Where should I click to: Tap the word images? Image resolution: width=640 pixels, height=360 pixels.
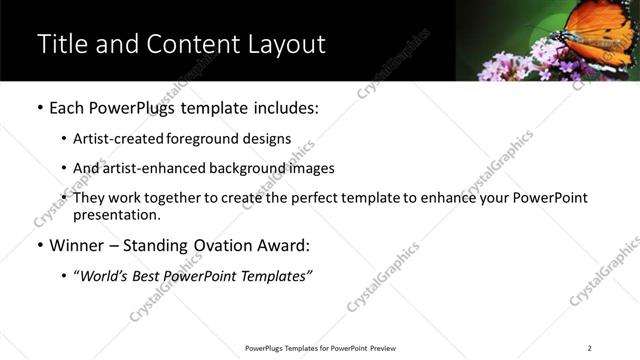pos(312,168)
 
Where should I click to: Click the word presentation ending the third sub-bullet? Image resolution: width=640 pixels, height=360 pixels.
pos(115,214)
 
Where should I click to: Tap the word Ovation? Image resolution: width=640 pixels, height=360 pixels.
pos(243,245)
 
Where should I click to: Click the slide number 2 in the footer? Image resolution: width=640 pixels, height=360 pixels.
pos(590,347)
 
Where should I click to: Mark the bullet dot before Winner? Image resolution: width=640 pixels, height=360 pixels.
pos(39,245)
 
